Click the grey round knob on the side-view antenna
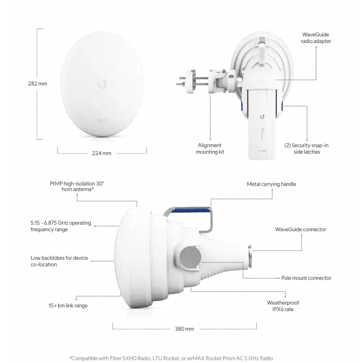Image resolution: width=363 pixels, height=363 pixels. tap(189, 256)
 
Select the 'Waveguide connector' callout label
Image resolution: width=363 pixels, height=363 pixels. tap(301, 229)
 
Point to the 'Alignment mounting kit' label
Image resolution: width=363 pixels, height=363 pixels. tap(210, 149)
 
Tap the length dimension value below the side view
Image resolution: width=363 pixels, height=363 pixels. tap(185, 328)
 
